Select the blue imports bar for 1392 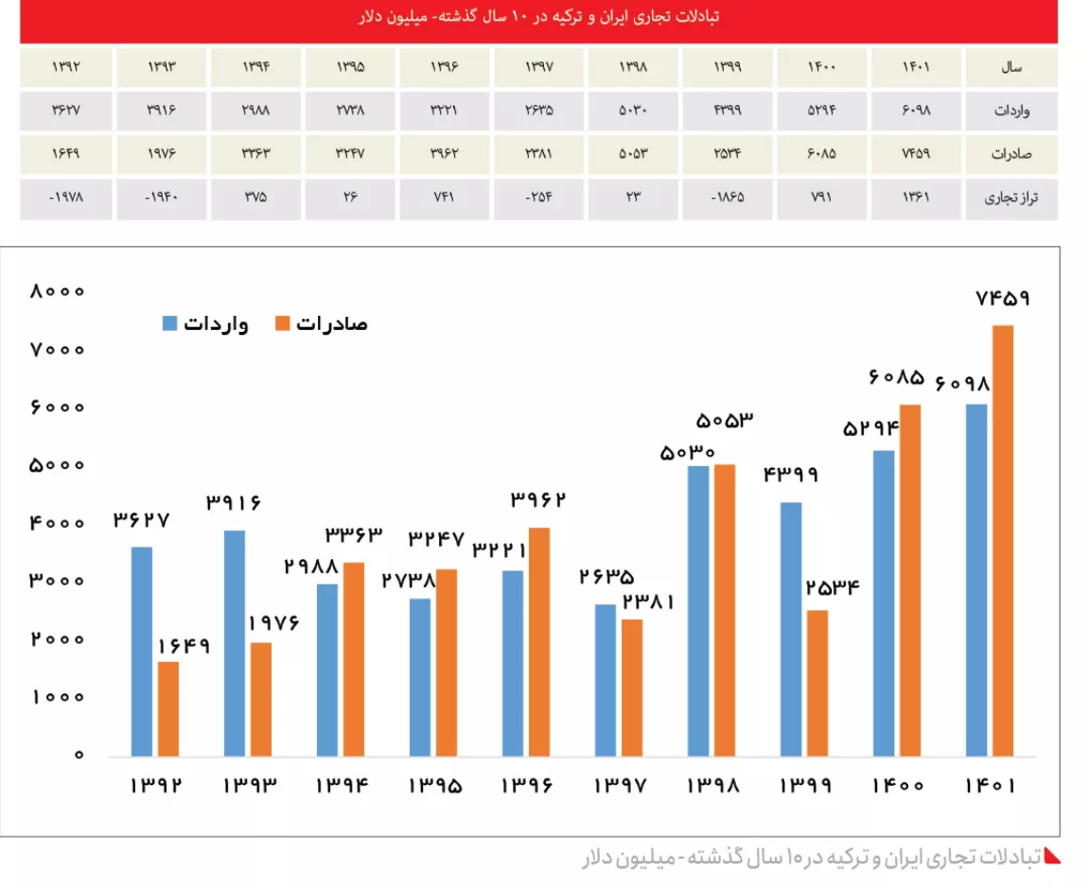click(142, 652)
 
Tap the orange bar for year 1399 click(817, 683)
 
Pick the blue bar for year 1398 click(698, 611)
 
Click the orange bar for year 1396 click(539, 642)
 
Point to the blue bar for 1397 click(606, 680)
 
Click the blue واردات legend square click(170, 323)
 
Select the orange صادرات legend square click(282, 323)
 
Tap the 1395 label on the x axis click(436, 785)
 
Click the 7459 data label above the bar click(1003, 299)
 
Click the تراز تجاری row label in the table click(1011, 199)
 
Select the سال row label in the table click(1011, 68)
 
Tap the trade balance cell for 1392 click(66, 199)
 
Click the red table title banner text click(539, 18)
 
